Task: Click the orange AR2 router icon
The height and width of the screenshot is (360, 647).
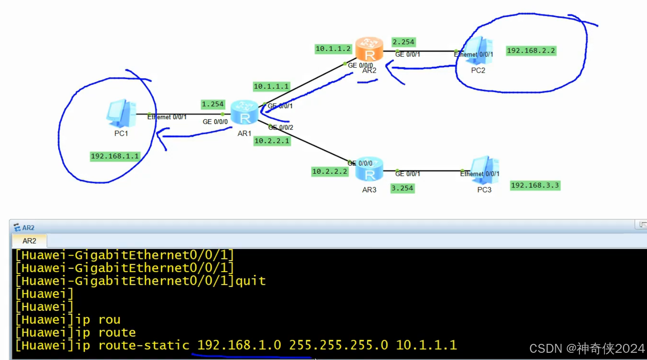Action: (369, 49)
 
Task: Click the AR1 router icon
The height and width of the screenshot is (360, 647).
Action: (245, 113)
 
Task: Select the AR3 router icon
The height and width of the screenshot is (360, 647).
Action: (369, 169)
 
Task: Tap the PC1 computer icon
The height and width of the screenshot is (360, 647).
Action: (121, 113)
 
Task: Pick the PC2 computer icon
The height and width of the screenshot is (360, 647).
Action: (478, 51)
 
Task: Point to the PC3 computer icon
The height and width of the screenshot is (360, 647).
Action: (485, 170)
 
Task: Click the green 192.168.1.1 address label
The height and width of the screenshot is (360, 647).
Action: (115, 156)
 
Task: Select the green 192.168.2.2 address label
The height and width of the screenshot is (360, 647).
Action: (531, 51)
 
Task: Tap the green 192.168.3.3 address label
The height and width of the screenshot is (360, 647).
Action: (535, 186)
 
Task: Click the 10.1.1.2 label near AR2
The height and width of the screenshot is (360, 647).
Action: (333, 49)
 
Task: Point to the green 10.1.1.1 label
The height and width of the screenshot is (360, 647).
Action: (271, 87)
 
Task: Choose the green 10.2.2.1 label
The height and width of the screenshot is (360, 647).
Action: (272, 141)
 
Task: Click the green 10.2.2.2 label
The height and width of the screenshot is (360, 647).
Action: (329, 172)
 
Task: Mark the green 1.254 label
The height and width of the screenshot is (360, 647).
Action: (212, 104)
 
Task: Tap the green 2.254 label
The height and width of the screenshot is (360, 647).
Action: (403, 42)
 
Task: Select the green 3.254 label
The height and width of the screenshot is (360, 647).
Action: (402, 188)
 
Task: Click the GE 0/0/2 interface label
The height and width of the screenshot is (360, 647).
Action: (281, 127)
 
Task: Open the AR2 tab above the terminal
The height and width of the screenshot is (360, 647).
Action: (29, 241)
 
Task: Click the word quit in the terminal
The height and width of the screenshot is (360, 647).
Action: (250, 281)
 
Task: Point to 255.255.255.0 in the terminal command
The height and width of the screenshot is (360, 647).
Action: (338, 345)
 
